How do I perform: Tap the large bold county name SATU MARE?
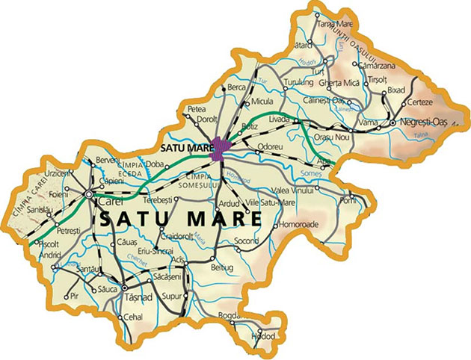coord(180,219)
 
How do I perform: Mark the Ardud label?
coord(226,202)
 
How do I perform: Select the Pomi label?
coord(348,201)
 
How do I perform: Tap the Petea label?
coord(197,109)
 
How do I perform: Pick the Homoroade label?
coord(298,223)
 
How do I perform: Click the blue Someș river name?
coord(320,173)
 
